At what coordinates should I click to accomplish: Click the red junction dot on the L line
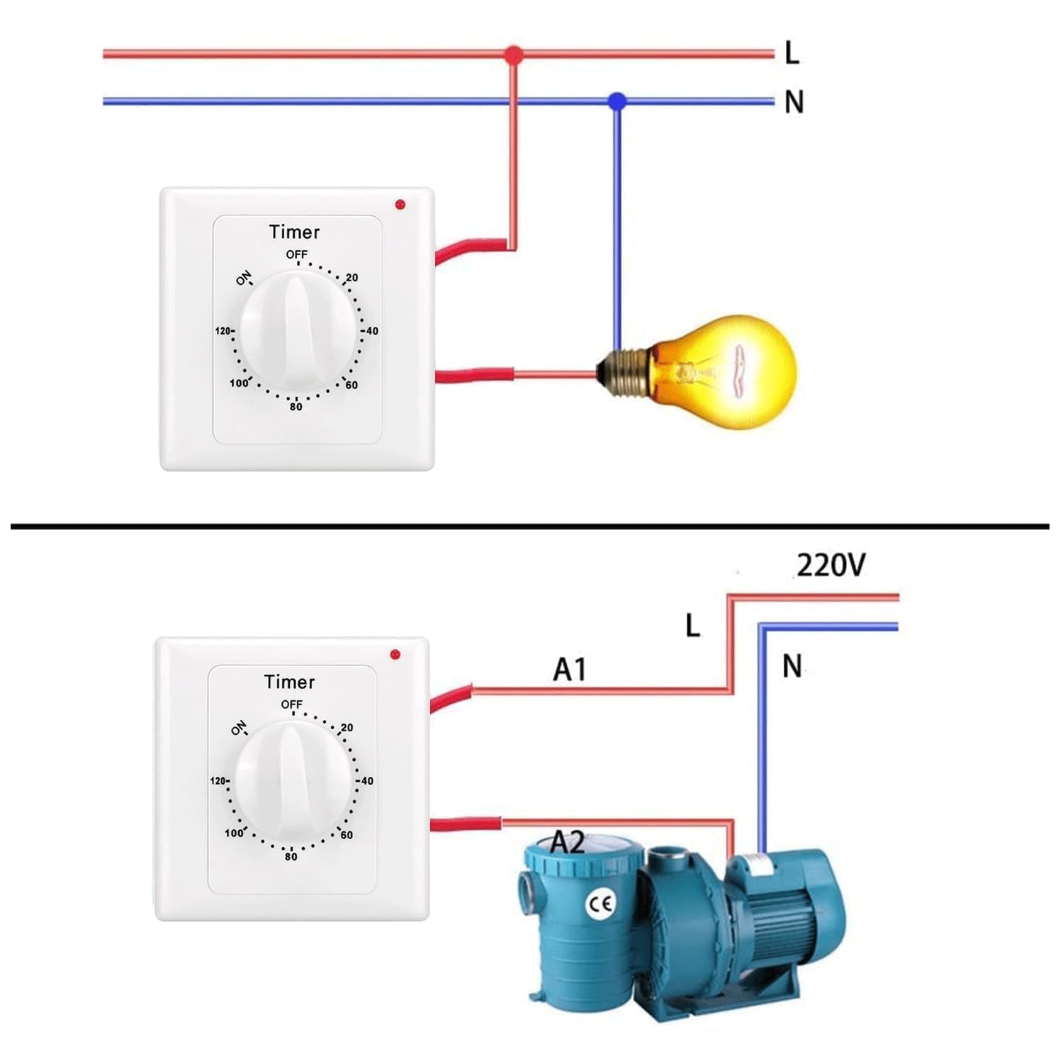[x=514, y=54]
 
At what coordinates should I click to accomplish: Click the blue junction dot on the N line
[x=617, y=101]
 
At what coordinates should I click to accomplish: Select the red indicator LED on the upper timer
[x=400, y=205]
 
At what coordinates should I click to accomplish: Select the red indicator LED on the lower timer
[x=395, y=654]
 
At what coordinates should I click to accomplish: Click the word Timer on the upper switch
[x=294, y=232]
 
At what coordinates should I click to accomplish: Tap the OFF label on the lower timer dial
[x=291, y=704]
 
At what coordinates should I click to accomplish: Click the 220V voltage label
[x=831, y=566]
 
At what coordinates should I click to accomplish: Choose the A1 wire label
[x=570, y=670]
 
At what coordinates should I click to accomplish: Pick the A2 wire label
[x=568, y=842]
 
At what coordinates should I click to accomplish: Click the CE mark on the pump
[x=601, y=904]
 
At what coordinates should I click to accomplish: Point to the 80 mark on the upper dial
[x=296, y=407]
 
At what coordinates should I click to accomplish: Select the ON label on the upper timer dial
[x=244, y=279]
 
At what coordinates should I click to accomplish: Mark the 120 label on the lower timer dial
[x=219, y=781]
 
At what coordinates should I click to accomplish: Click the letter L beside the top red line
[x=792, y=53]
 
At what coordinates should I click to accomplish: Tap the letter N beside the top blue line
[x=794, y=103]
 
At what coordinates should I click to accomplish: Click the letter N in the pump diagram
[x=792, y=667]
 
